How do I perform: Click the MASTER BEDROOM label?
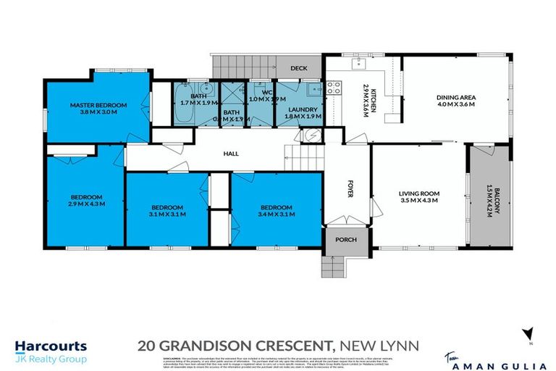pos(98,105)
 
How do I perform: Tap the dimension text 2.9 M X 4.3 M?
pos(87,204)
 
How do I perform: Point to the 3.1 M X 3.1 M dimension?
pos(167,214)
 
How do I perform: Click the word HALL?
pos(231,154)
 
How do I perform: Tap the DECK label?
pos(299,67)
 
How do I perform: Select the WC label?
pos(266,93)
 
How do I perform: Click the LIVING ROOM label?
pos(419,193)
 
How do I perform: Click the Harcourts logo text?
pos(51,346)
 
